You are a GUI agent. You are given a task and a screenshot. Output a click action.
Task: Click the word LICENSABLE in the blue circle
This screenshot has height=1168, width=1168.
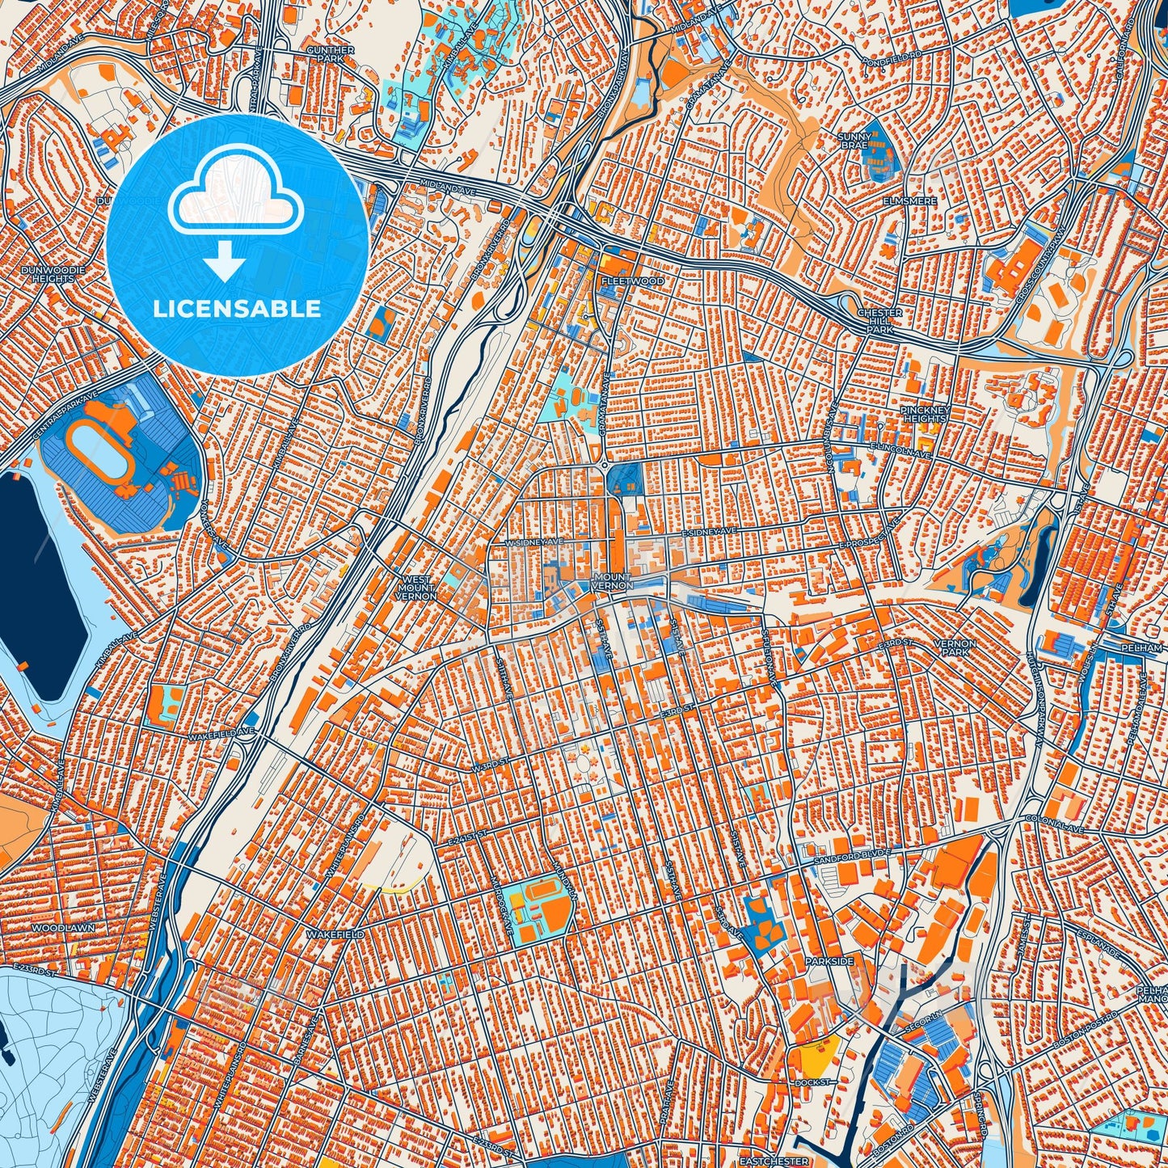238,309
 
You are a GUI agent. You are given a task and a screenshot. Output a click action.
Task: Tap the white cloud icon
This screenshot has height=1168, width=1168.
235,199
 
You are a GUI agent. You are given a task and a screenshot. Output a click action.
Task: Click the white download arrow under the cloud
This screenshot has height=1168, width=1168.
226,263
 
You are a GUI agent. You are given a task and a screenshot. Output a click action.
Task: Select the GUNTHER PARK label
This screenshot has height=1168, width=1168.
331,54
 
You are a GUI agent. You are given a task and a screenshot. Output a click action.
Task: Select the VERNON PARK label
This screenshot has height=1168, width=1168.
955,647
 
